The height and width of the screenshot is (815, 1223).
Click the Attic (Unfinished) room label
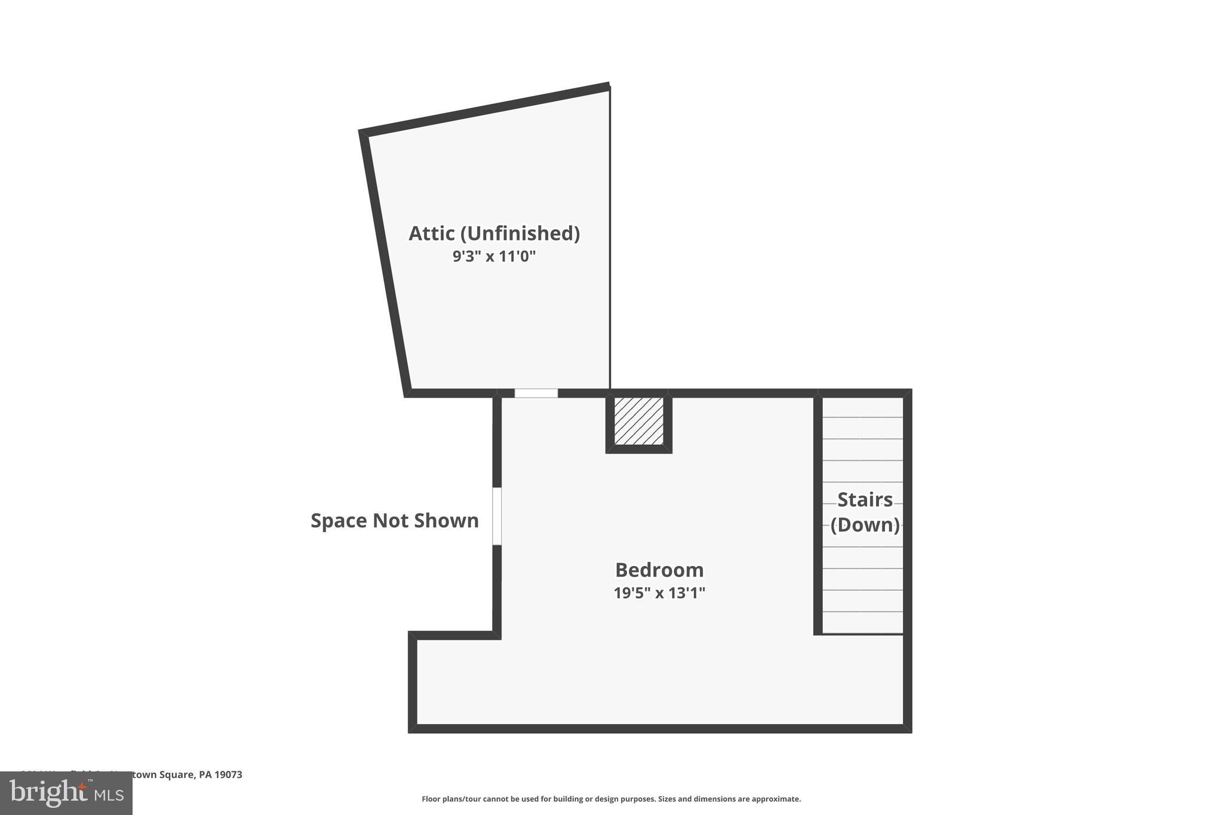click(x=494, y=233)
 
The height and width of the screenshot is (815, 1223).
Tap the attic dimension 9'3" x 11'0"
click(x=494, y=257)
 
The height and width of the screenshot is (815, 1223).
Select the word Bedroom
click(x=659, y=570)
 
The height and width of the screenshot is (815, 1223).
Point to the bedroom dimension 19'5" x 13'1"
click(x=659, y=593)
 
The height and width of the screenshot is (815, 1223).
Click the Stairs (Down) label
click(x=865, y=512)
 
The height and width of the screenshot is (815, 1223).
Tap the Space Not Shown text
click(x=394, y=521)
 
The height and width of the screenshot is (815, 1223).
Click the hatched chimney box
click(x=638, y=421)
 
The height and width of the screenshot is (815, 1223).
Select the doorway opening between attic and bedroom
click(x=536, y=393)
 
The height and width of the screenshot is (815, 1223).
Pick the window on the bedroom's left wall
click(x=496, y=516)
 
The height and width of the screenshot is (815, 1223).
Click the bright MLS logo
click(x=66, y=794)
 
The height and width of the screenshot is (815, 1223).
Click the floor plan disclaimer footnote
click(x=611, y=799)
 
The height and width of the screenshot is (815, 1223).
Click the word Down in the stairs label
click(x=865, y=525)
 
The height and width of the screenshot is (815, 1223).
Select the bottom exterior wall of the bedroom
click(x=659, y=728)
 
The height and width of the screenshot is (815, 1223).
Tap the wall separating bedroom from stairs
click(x=818, y=513)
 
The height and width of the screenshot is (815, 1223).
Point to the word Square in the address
click(x=179, y=774)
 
